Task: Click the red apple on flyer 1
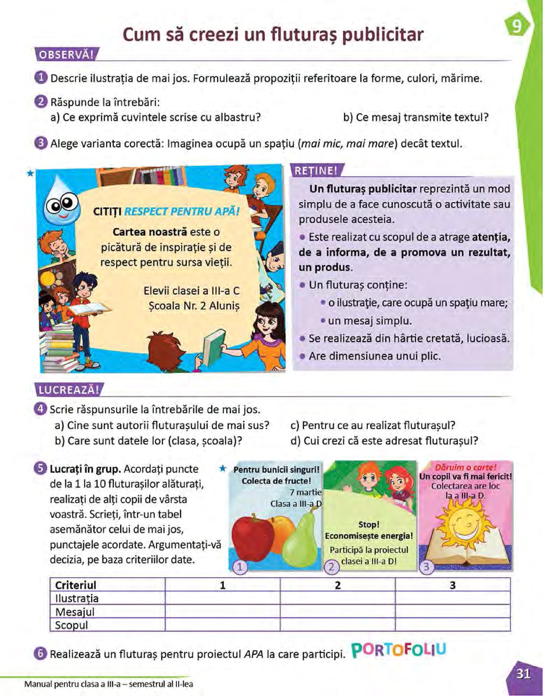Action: pyautogui.click(x=252, y=537)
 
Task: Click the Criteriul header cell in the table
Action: pyautogui.click(x=76, y=585)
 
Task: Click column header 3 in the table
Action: pyautogui.click(x=453, y=585)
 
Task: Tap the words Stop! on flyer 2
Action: pyautogui.click(x=369, y=525)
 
